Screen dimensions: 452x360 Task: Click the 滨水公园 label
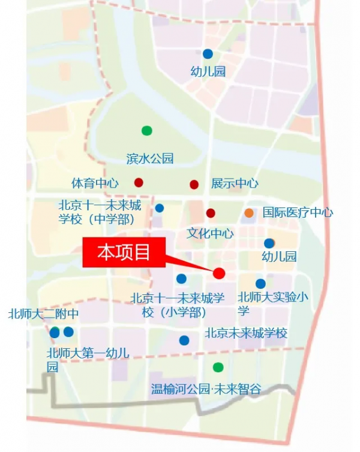pyautogui.click(x=150, y=159)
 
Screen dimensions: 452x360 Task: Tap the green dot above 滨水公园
pyautogui.click(x=146, y=130)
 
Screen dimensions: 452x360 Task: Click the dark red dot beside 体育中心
pyautogui.click(x=139, y=183)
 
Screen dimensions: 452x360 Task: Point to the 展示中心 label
pyautogui.click(x=235, y=183)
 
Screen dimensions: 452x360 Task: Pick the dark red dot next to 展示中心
pyautogui.click(x=194, y=184)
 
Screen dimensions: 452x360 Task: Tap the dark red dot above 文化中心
pyautogui.click(x=211, y=213)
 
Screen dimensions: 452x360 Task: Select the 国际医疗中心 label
pyautogui.click(x=298, y=213)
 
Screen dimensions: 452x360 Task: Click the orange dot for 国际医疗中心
pyautogui.click(x=249, y=213)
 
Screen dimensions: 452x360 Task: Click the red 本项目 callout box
pyautogui.click(x=124, y=253)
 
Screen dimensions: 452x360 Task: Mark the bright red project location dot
pyautogui.click(x=219, y=273)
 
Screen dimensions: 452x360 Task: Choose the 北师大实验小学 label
pyautogui.click(x=272, y=303)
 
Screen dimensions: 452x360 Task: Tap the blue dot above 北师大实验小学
pyautogui.click(x=260, y=284)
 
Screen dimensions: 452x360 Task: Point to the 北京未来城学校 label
pyautogui.click(x=246, y=333)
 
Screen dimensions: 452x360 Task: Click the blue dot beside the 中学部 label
pyautogui.click(x=160, y=208)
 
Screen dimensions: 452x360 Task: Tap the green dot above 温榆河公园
pyautogui.click(x=218, y=367)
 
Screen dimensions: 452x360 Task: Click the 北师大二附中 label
pyautogui.click(x=43, y=314)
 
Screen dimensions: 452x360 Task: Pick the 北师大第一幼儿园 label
pyautogui.click(x=87, y=359)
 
